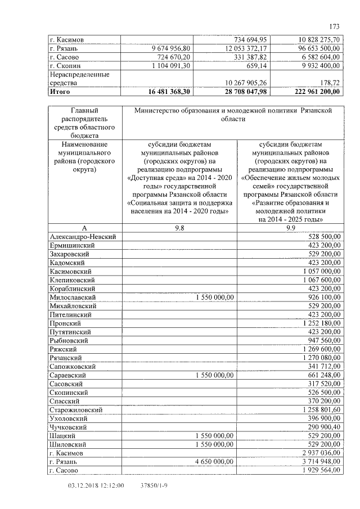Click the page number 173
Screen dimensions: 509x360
click(x=335, y=25)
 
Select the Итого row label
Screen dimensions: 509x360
click(x=60, y=91)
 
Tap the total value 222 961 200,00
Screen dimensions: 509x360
click(x=313, y=91)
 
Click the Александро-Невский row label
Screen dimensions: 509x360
click(x=83, y=237)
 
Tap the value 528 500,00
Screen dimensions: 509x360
click(x=321, y=237)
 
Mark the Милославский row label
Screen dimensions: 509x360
click(x=73, y=296)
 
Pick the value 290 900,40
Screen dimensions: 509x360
click(x=321, y=427)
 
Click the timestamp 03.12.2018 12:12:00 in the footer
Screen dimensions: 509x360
click(x=96, y=485)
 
